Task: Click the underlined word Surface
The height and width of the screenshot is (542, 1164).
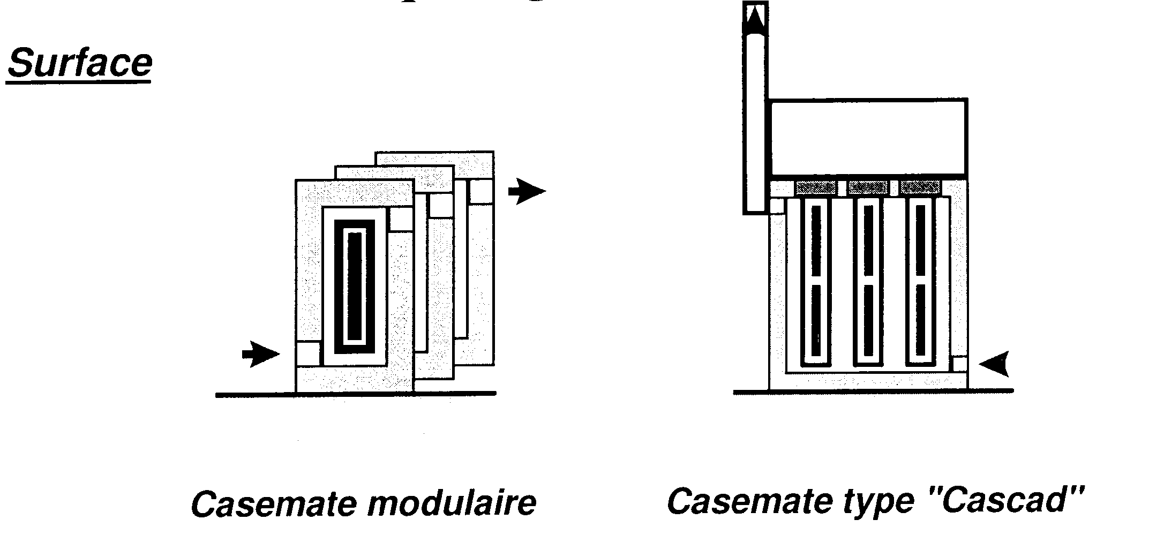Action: point(79,63)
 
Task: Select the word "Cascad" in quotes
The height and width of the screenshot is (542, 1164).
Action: point(1019,500)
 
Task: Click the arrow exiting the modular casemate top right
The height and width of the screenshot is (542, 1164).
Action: point(526,192)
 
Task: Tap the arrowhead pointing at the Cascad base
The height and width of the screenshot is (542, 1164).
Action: point(994,364)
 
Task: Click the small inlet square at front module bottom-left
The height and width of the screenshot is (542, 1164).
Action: point(308,353)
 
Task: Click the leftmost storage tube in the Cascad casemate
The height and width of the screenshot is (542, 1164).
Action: point(815,282)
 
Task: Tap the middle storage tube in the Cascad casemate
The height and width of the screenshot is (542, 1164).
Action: point(868,282)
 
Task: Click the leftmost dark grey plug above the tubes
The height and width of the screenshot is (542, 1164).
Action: point(815,187)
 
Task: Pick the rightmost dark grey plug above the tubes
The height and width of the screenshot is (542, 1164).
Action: point(920,187)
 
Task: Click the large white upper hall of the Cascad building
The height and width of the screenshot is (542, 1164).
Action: point(868,137)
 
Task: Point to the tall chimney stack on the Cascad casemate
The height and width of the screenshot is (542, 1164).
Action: point(755,123)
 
